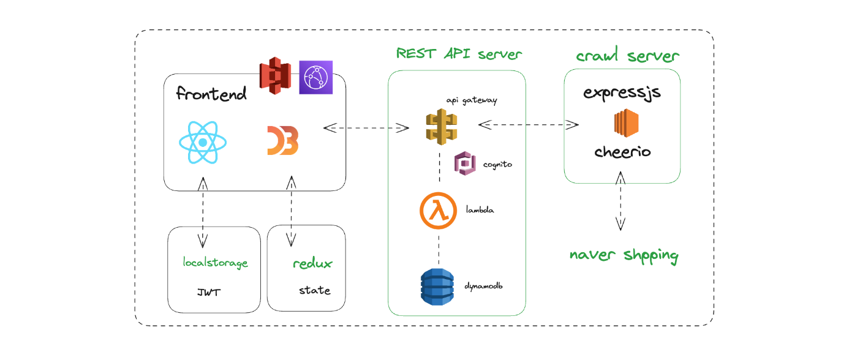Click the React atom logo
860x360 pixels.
click(x=203, y=143)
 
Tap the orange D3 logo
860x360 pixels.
click(x=283, y=140)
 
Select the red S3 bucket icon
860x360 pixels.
click(x=275, y=75)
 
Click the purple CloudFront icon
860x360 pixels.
click(x=315, y=77)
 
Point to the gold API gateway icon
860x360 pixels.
click(x=442, y=127)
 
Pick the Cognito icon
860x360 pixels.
click(x=465, y=163)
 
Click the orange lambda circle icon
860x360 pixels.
click(x=438, y=211)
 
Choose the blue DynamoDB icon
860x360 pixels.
click(x=437, y=287)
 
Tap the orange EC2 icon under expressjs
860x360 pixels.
click(x=626, y=123)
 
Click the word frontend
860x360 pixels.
click(x=211, y=93)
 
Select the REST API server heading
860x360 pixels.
click(x=459, y=53)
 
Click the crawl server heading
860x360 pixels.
click(x=627, y=55)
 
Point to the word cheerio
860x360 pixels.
click(x=622, y=152)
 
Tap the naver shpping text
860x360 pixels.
click(x=624, y=255)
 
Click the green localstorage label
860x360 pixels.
click(x=215, y=263)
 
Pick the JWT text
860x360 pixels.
click(x=209, y=293)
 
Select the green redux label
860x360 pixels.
click(x=312, y=263)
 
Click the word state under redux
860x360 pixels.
click(x=315, y=290)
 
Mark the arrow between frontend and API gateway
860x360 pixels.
click(x=366, y=128)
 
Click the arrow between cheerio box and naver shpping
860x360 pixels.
click(x=620, y=201)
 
